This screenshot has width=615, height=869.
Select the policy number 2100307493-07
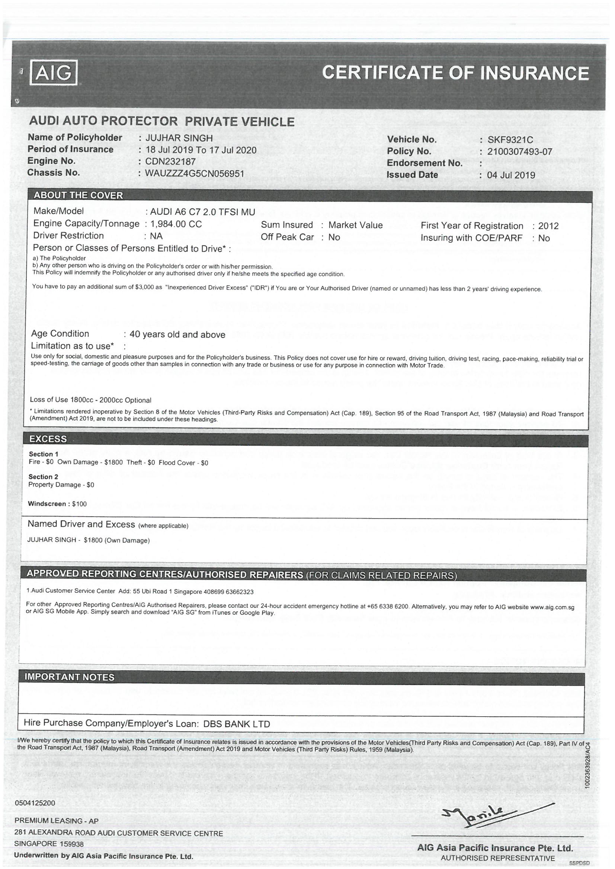(519, 152)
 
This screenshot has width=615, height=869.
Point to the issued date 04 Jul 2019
(511, 175)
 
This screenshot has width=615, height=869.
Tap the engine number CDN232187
(170, 162)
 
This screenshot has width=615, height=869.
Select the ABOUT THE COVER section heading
(79, 195)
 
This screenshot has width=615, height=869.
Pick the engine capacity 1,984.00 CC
(176, 224)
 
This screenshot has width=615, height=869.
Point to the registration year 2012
(548, 226)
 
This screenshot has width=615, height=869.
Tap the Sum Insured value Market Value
(355, 225)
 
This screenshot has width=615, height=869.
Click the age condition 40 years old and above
(177, 335)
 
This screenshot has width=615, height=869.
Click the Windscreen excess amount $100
(79, 504)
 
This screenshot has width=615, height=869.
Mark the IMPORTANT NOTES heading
(69, 677)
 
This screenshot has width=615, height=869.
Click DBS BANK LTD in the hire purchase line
(237, 724)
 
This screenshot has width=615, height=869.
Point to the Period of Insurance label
(70, 149)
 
